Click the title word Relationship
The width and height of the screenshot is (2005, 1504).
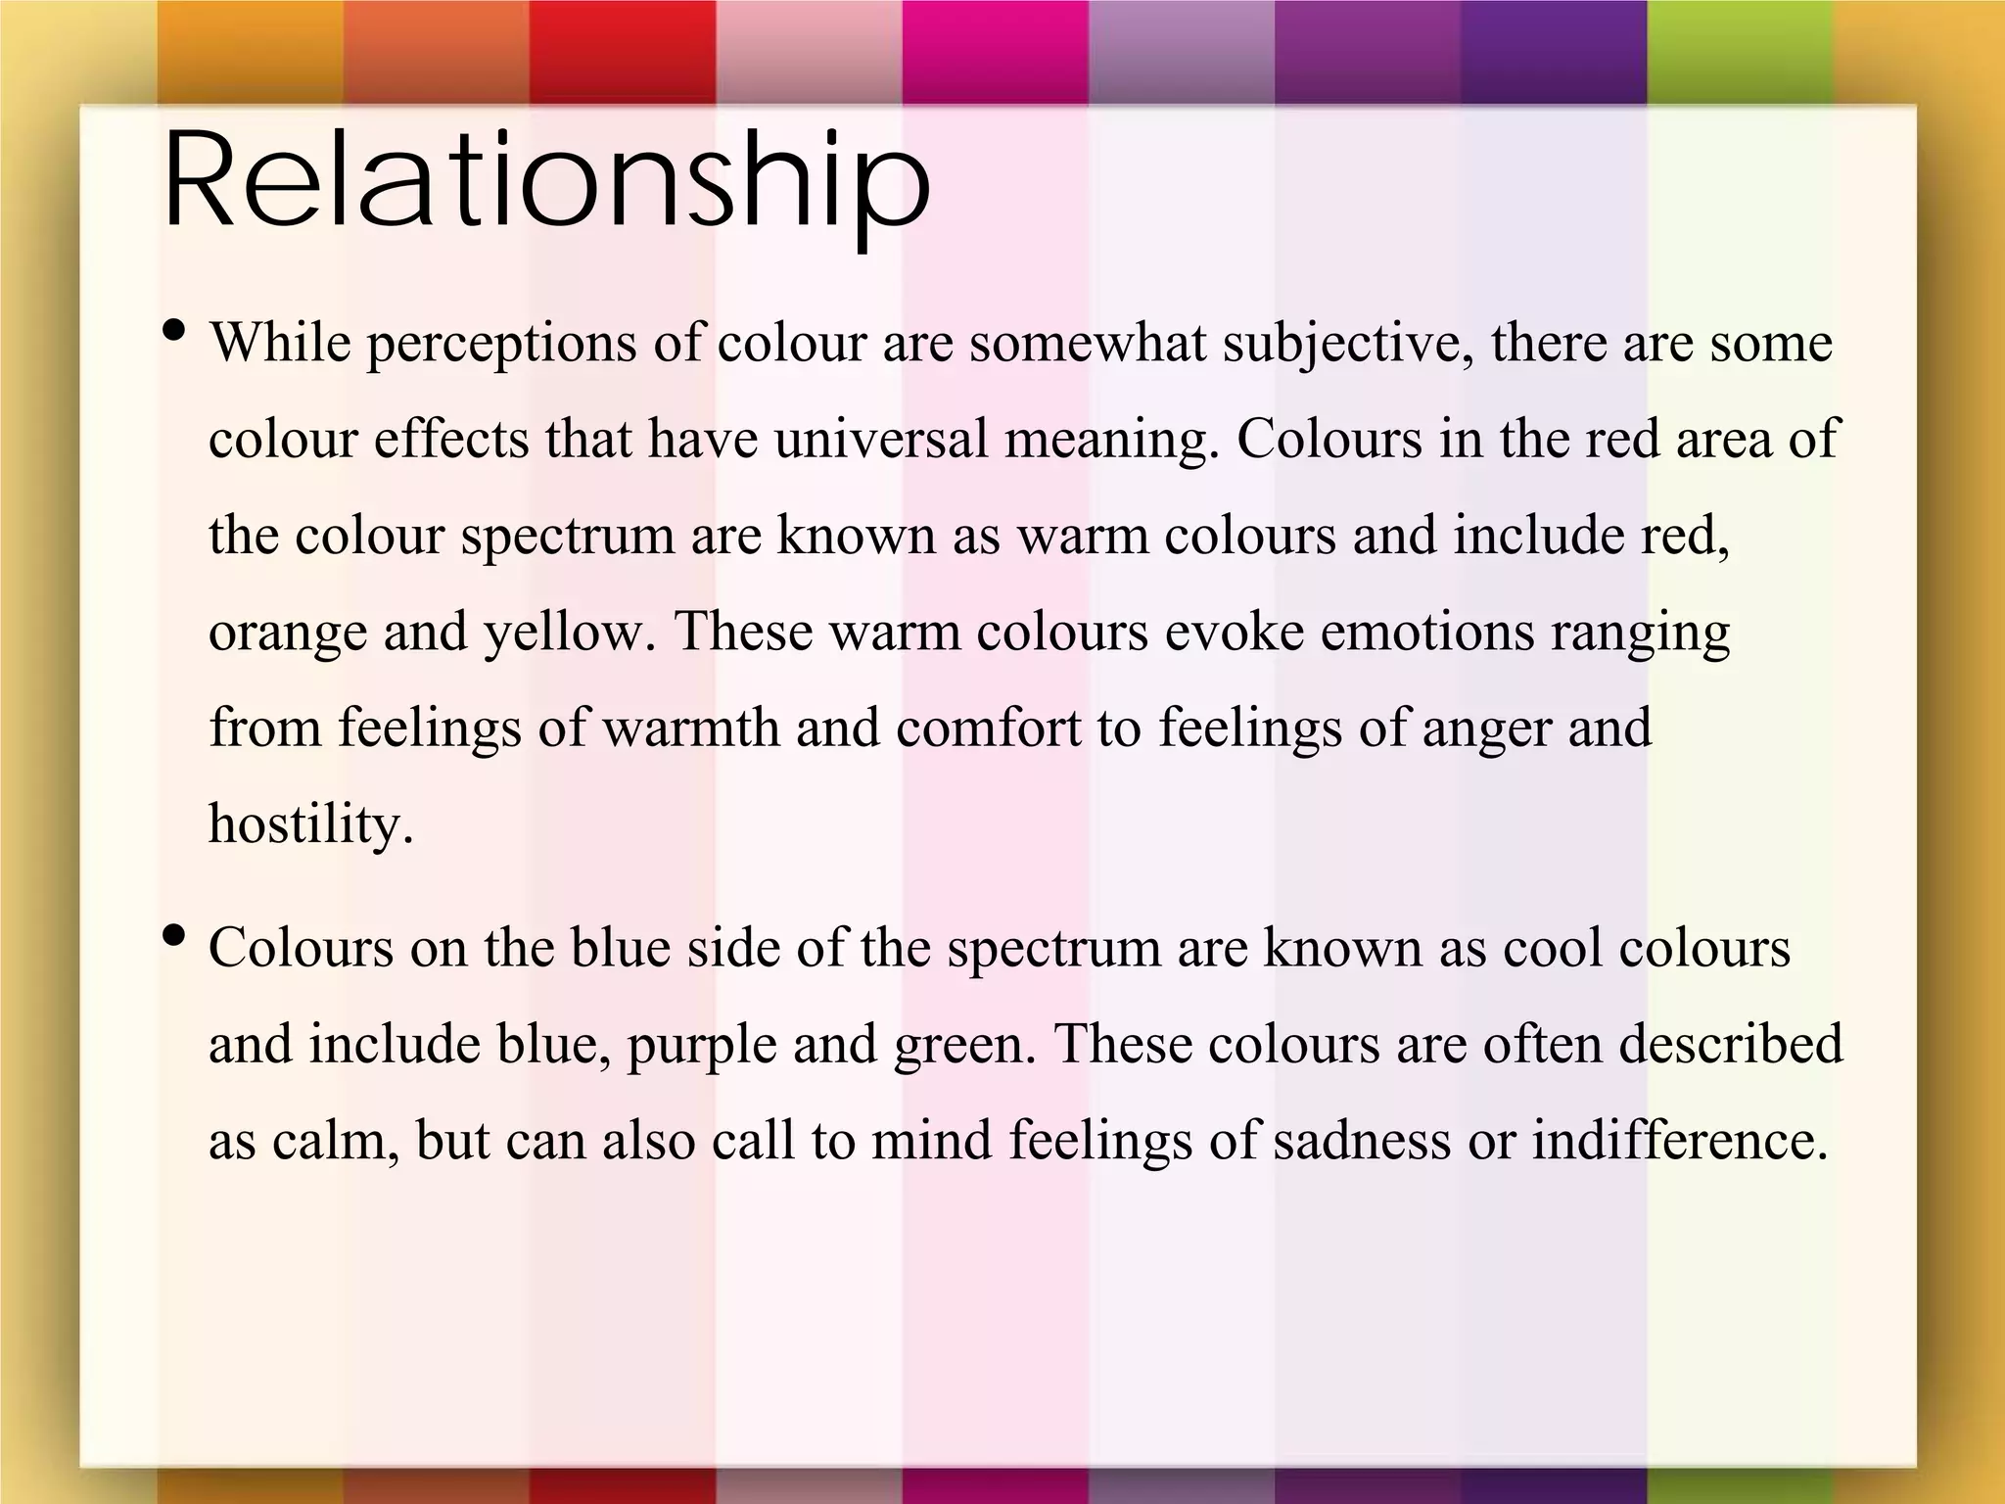point(546,184)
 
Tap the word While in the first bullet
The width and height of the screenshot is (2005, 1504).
point(280,344)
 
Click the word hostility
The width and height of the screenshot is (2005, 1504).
point(310,824)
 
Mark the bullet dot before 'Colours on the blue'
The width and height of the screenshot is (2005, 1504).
point(175,936)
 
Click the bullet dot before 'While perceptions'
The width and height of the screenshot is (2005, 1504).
point(175,331)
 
